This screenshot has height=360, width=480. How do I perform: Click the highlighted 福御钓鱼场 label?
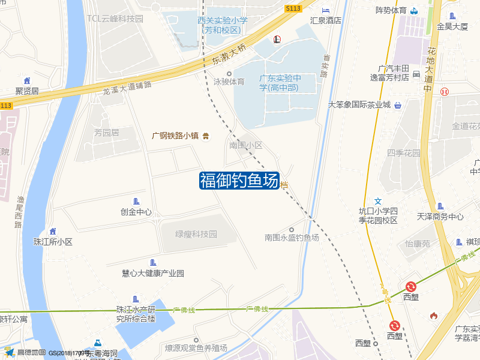click(x=239, y=180)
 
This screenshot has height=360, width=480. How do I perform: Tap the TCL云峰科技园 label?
click(x=115, y=19)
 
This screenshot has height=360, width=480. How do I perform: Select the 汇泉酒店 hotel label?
click(x=325, y=20)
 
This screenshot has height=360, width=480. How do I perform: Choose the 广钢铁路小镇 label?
click(x=175, y=136)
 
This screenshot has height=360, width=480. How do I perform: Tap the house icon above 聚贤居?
click(x=27, y=80)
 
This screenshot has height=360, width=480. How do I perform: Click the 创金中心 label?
click(x=136, y=212)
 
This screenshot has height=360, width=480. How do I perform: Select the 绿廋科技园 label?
click(x=196, y=234)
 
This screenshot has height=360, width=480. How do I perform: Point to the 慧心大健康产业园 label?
click(x=152, y=273)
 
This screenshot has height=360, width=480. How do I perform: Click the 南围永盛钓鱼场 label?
click(x=292, y=238)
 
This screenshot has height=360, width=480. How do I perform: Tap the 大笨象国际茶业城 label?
click(x=359, y=104)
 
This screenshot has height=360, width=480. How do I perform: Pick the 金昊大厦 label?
click(x=452, y=26)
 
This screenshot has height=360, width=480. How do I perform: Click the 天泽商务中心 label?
click(x=440, y=217)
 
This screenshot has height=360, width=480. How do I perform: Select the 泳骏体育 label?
click(x=229, y=82)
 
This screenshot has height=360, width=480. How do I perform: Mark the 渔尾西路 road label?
click(x=20, y=212)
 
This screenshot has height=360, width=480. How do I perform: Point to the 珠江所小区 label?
click(x=53, y=242)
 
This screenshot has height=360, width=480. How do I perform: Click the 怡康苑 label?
click(x=418, y=244)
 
